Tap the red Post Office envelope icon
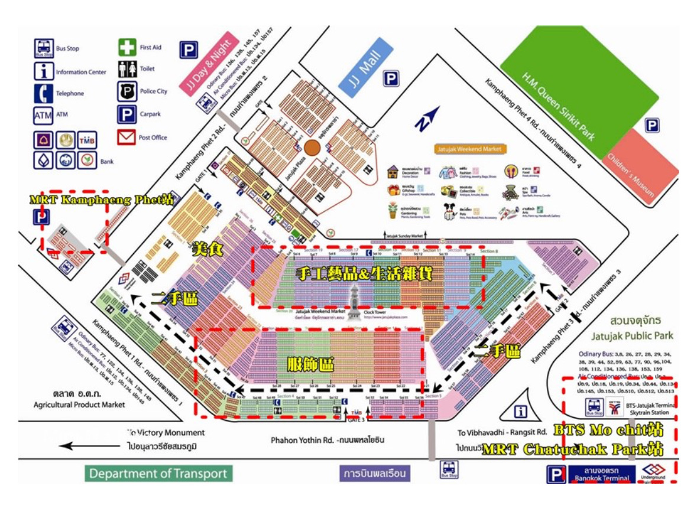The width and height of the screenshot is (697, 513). [127, 138]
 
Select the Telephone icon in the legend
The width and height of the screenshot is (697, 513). [43, 93]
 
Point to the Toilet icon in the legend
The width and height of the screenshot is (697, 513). [127, 69]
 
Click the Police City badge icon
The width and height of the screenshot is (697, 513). [127, 92]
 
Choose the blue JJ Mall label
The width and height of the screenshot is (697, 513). [365, 66]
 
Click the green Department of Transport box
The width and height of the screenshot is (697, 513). [158, 473]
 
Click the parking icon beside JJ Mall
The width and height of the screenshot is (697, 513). [391, 79]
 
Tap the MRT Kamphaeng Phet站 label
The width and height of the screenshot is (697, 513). [102, 199]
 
